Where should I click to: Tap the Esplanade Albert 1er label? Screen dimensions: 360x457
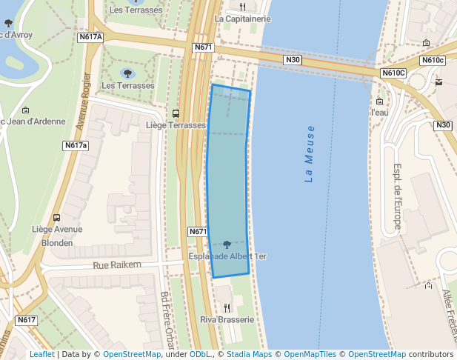click(227, 256)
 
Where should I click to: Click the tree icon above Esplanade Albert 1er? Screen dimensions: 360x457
click(227, 244)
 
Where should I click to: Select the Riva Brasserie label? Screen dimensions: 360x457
click(227, 319)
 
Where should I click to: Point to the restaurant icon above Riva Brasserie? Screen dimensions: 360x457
click(227, 307)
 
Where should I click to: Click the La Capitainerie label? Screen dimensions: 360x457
click(242, 19)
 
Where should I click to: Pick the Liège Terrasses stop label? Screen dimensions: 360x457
click(176, 125)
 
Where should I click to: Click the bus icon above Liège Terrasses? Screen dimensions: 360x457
click(176, 113)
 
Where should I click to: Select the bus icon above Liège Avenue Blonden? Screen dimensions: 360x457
click(57, 218)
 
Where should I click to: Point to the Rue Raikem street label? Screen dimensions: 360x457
click(117, 264)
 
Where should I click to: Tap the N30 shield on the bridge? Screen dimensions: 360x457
click(293, 59)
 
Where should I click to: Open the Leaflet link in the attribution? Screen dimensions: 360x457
click(41, 355)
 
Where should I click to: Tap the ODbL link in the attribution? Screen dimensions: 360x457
click(200, 355)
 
